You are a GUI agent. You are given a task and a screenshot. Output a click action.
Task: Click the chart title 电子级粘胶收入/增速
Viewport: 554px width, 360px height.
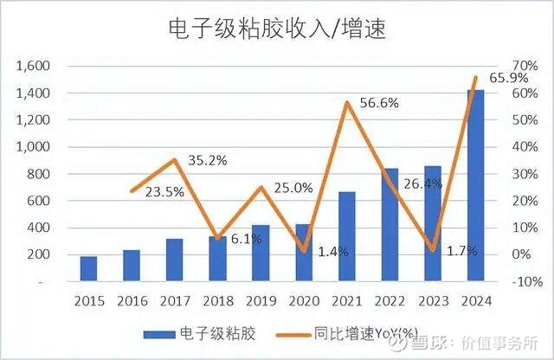[x=277, y=28]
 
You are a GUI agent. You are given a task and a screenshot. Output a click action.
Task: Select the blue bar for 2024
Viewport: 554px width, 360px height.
[x=476, y=185]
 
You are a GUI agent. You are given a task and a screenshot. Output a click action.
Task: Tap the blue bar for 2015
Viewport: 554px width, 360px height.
[x=89, y=269]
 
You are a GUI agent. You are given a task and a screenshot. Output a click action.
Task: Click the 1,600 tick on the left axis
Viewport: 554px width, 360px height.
[x=34, y=66]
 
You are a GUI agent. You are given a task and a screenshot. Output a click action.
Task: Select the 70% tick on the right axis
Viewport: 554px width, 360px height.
[x=503, y=66]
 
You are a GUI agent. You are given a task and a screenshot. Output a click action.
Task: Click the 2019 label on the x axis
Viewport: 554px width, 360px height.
[x=261, y=301]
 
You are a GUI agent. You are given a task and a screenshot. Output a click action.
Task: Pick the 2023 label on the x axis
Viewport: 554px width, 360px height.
[x=433, y=301]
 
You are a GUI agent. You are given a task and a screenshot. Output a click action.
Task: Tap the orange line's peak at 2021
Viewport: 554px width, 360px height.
[x=347, y=102]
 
